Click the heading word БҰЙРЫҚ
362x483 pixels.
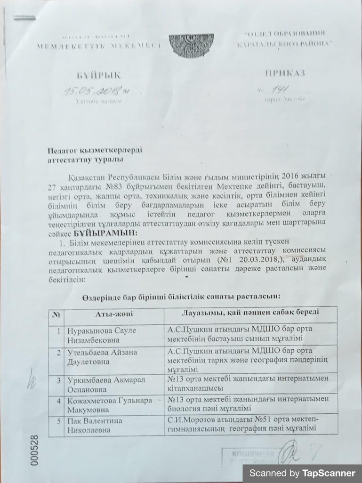pyautogui.click(x=99, y=75)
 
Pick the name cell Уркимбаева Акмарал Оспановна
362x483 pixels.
pyautogui.click(x=100, y=384)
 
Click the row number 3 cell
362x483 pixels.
pyautogui.click(x=58, y=380)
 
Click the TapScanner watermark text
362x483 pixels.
pyautogui.click(x=302, y=473)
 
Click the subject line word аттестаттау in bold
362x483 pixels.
pyautogui.click(x=66, y=159)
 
